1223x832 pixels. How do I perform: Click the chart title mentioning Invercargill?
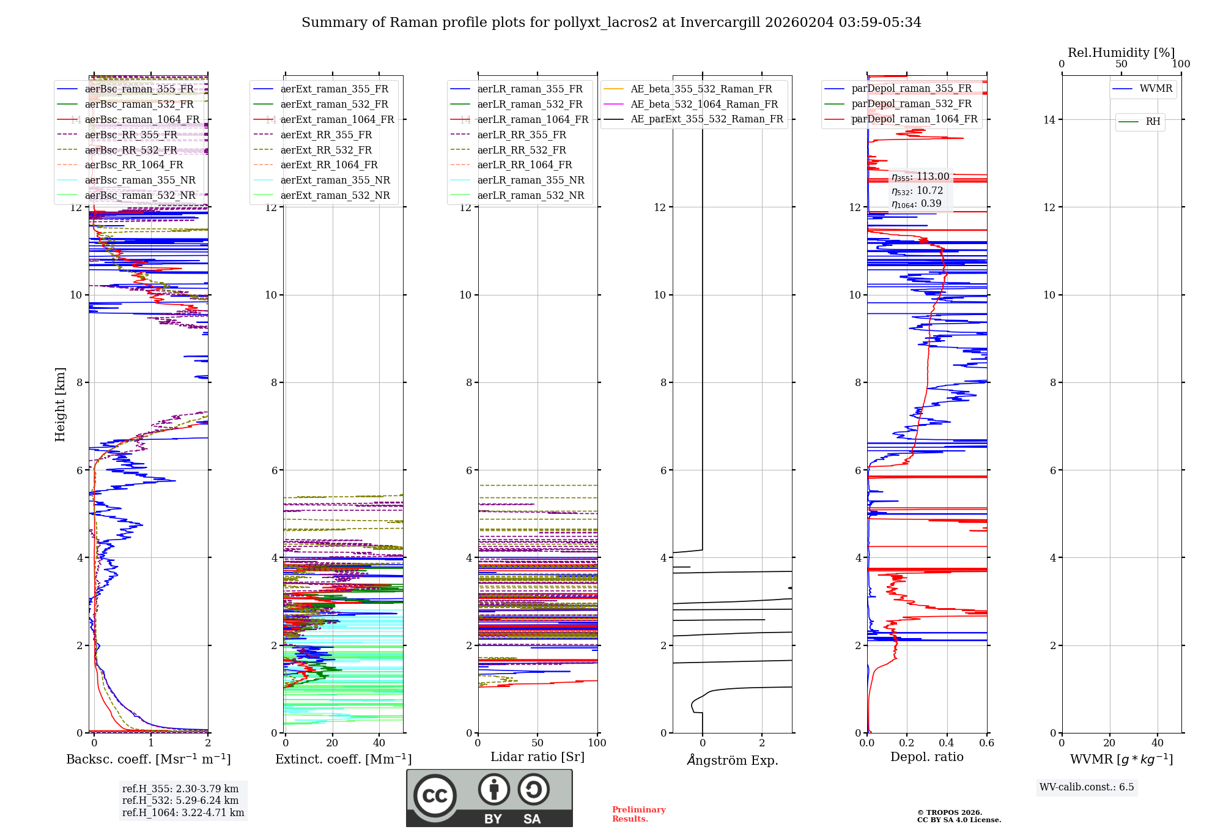[x=611, y=23]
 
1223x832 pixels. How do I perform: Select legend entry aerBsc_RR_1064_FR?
[x=133, y=165]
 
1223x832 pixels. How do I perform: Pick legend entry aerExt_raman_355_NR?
[x=334, y=180]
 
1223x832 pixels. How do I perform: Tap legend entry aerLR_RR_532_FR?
[x=521, y=150]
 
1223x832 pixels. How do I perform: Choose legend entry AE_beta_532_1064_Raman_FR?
[x=704, y=104]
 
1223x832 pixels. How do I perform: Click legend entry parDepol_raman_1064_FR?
[x=914, y=119]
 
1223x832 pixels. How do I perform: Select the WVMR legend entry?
[x=1155, y=89]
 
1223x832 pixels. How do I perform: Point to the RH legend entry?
[x=1152, y=122]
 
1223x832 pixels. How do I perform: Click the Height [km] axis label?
[x=60, y=404]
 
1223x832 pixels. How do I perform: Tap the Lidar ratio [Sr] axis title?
[x=537, y=757]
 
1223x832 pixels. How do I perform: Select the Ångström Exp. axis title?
[x=732, y=760]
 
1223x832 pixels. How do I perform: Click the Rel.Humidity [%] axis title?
[x=1121, y=53]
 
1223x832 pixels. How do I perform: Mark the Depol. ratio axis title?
[x=926, y=757]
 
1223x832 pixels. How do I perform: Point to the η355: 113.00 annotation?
[x=920, y=177]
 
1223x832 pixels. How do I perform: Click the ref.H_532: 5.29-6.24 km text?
[x=180, y=800]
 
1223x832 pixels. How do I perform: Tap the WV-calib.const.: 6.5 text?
[x=1087, y=787]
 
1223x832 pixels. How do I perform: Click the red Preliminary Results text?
[x=638, y=814]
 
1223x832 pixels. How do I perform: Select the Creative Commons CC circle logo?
[x=435, y=795]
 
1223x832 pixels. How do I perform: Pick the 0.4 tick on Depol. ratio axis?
[x=947, y=743]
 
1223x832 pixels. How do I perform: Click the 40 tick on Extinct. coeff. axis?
[x=379, y=743]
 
